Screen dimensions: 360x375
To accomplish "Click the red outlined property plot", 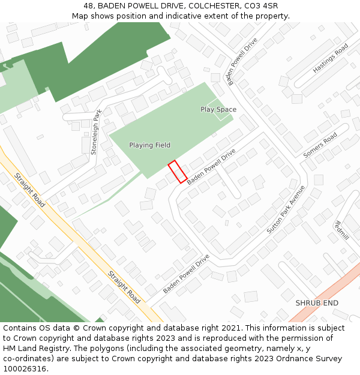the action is coord(177,172).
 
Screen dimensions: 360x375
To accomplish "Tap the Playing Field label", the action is coord(150,145).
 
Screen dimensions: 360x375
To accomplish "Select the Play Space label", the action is coord(218,109).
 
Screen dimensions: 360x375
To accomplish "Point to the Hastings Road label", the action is coord(330,59).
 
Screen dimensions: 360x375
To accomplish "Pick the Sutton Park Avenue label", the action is coord(286,209).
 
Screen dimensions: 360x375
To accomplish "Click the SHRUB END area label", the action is coord(317,303).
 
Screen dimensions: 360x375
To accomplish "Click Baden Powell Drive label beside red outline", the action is coord(211,167).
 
